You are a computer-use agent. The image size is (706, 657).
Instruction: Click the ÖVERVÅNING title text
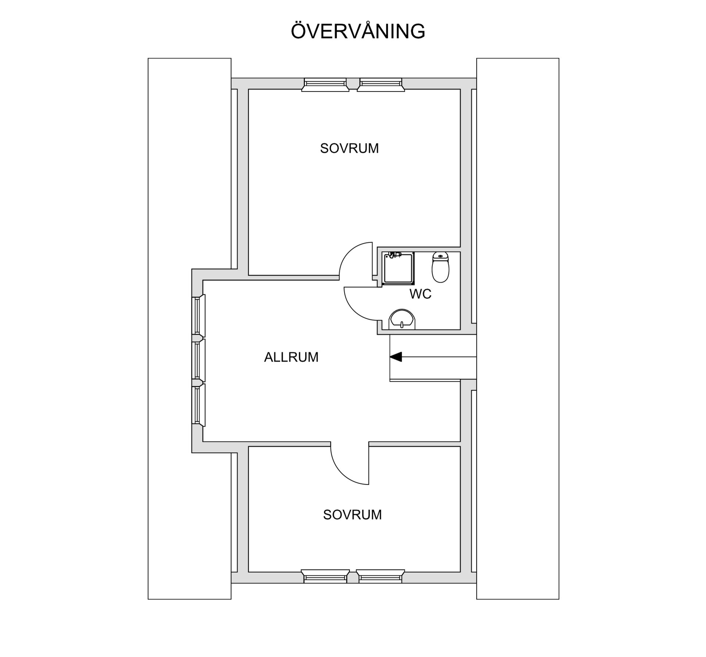[358, 31]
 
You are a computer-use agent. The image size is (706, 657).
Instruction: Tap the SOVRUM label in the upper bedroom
[349, 149]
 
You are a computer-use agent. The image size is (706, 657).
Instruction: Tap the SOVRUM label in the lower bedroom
[352, 515]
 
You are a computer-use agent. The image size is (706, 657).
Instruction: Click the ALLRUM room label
[291, 357]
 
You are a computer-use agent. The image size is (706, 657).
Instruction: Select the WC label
[420, 294]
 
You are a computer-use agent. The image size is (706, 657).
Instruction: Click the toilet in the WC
[440, 267]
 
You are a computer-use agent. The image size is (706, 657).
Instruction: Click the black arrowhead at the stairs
[396, 357]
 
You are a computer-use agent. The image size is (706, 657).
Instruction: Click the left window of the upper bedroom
[325, 85]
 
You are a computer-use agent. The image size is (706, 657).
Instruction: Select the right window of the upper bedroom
[381, 85]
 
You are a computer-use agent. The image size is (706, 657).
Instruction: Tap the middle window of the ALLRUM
[198, 360]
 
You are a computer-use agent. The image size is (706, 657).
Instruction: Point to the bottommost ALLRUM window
[198, 405]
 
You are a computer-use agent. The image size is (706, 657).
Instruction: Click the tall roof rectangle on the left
[189, 329]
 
